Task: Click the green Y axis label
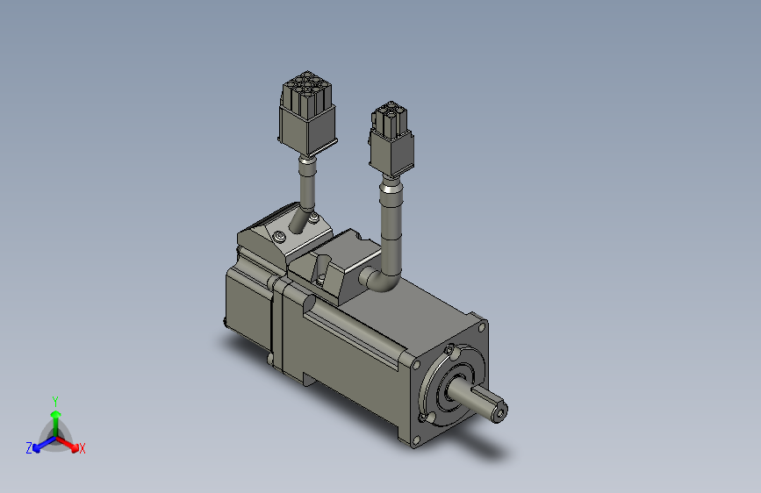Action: tap(54, 400)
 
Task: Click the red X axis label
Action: tap(82, 448)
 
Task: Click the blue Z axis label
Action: tap(29, 448)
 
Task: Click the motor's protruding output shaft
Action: tap(488, 405)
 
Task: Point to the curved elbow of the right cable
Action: tap(383, 280)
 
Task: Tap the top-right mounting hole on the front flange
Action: tap(481, 328)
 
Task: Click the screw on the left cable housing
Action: tap(278, 237)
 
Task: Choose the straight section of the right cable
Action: tap(390, 228)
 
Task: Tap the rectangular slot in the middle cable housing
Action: tap(321, 264)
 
